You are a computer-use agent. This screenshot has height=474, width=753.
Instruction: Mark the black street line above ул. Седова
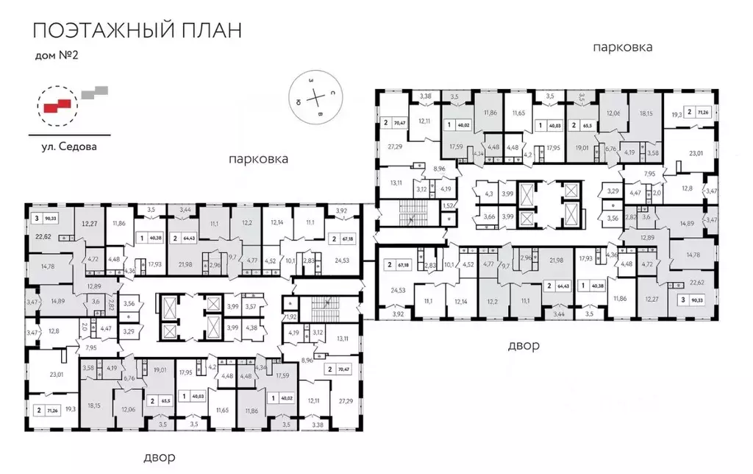(x=69, y=135)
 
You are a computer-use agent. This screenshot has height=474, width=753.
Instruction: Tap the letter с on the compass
(x=332, y=93)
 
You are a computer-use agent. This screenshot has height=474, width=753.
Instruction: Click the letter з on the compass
(x=311, y=79)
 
